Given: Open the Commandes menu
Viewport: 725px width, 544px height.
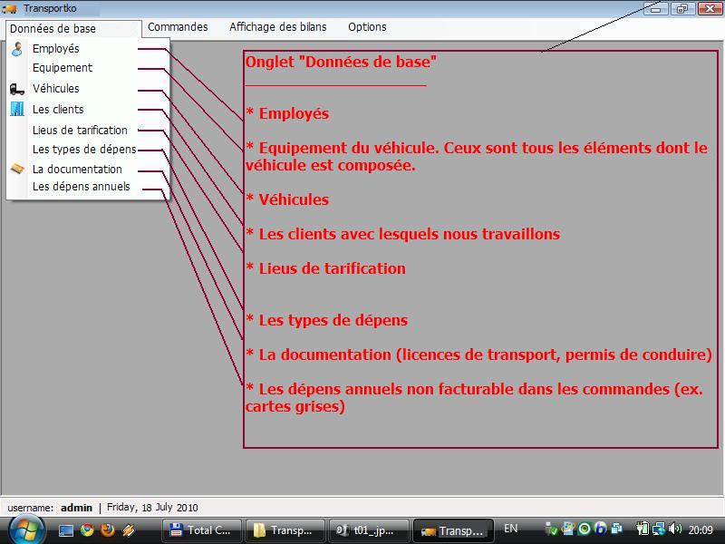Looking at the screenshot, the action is click(178, 27).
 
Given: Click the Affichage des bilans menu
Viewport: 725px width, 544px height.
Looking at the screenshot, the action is click(278, 27).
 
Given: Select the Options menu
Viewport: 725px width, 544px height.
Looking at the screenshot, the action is click(367, 27).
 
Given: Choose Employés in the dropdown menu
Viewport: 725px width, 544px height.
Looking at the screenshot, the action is click(55, 49).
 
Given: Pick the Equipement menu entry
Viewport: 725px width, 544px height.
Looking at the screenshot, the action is click(63, 68).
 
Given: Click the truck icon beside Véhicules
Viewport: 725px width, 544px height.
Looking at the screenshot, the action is click(17, 88).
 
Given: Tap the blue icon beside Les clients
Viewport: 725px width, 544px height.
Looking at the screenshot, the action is click(17, 109).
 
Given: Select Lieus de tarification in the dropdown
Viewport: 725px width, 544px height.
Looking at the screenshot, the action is click(80, 130).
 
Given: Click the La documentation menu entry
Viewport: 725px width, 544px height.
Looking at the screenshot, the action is click(77, 170).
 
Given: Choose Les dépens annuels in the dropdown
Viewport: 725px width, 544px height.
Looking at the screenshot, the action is click(81, 187).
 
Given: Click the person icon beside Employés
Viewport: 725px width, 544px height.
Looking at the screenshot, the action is click(17, 49).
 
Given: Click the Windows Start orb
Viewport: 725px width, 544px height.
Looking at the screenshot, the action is click(27, 529).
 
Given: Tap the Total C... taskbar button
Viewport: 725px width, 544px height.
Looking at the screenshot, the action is click(201, 530).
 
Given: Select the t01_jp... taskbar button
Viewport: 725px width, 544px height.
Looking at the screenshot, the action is click(369, 530).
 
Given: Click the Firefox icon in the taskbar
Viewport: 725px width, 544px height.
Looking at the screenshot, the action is click(108, 529).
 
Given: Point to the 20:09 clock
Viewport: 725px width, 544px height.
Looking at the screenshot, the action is click(701, 529).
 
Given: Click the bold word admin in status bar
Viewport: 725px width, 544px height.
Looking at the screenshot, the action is click(76, 508).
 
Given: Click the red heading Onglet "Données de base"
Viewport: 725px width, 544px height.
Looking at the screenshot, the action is click(341, 62).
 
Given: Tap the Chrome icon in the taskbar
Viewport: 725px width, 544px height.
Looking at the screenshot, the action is click(87, 529).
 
